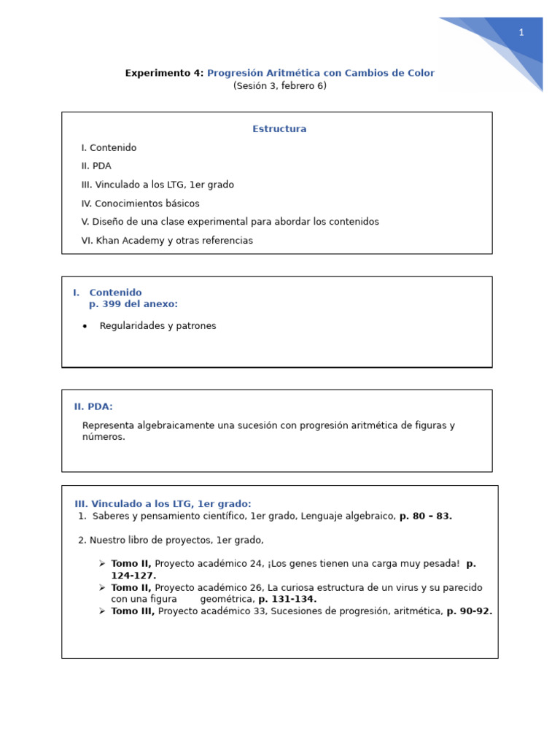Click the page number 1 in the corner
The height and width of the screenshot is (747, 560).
[x=521, y=33]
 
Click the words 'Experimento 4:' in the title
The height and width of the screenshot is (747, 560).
[x=164, y=73]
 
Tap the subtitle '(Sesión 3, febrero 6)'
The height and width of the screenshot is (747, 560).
[x=280, y=86]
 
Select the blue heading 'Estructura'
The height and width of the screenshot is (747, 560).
[x=279, y=129]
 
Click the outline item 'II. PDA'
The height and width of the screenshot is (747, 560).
[x=96, y=166]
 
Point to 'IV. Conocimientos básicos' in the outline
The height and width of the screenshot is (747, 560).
[x=140, y=204]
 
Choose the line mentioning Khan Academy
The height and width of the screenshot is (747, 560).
[x=167, y=241]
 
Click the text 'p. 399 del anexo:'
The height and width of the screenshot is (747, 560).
[x=133, y=304]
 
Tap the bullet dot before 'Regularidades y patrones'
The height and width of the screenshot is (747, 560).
[x=85, y=326]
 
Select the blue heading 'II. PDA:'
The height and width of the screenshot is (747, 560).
[x=93, y=407]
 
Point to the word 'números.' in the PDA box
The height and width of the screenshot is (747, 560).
[x=104, y=437]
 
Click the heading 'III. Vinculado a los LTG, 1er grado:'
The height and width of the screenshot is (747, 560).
[x=163, y=504]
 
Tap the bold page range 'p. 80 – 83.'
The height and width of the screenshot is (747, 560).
[x=426, y=516]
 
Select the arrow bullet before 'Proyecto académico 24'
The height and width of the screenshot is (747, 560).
[x=102, y=564]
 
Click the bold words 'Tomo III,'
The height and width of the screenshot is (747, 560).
[x=133, y=611]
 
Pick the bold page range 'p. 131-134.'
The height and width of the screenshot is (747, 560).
[x=287, y=600]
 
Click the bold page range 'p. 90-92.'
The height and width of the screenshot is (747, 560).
[x=469, y=611]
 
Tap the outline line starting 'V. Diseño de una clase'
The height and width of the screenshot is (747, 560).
[x=230, y=222]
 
